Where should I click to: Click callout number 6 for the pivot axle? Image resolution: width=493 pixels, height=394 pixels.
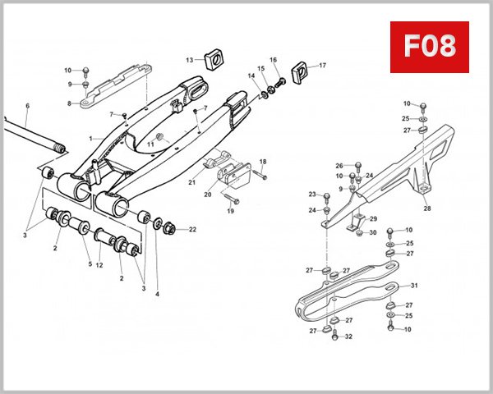[x=27, y=106]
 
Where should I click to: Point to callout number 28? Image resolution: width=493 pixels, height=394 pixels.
[x=426, y=208]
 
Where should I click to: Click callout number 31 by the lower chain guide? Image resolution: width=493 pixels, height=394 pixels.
[x=414, y=286]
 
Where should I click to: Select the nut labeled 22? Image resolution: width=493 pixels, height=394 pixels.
[x=169, y=229]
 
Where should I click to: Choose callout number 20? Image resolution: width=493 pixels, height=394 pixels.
[x=207, y=195]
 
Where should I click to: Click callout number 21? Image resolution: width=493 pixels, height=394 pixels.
[x=191, y=181]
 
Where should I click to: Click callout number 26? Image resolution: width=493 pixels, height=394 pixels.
[x=339, y=166]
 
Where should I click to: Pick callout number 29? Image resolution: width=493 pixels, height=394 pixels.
[x=372, y=218]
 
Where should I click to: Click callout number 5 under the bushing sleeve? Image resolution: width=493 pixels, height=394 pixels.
[x=90, y=263]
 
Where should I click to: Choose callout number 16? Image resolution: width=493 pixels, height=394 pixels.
[x=274, y=60]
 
